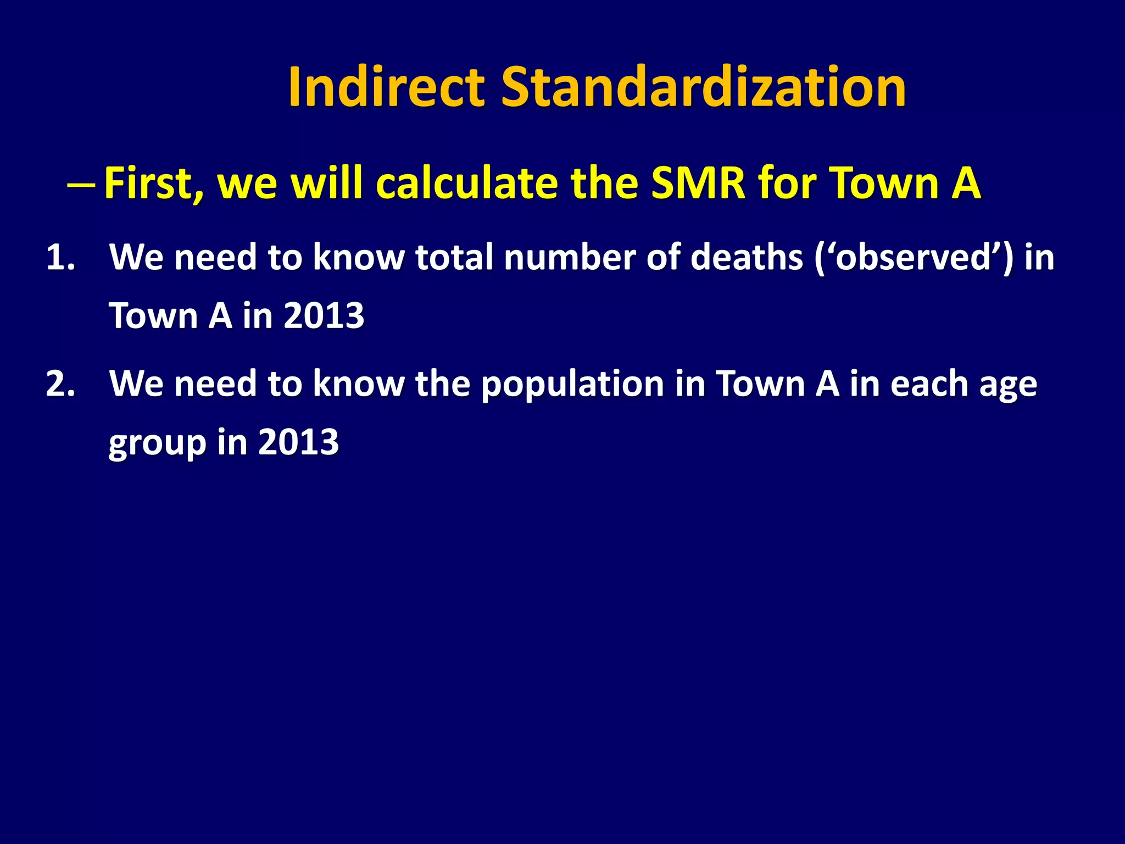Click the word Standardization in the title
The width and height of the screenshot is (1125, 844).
click(x=703, y=87)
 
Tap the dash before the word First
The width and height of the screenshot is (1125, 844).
click(x=81, y=185)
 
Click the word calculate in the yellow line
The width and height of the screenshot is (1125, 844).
click(x=466, y=183)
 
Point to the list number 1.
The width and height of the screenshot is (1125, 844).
click(x=60, y=257)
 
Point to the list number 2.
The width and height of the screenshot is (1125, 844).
click(x=60, y=384)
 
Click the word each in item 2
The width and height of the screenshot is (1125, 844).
click(x=929, y=384)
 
